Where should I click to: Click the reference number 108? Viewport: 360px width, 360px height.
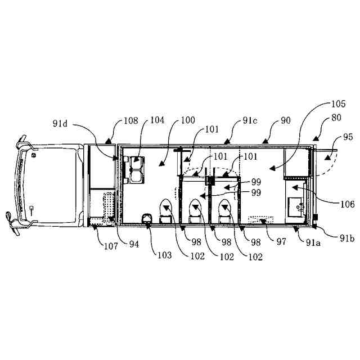(130, 121)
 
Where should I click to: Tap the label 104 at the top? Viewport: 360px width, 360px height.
(157, 121)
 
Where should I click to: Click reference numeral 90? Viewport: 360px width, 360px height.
(286, 121)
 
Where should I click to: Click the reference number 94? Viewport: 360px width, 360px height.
(133, 244)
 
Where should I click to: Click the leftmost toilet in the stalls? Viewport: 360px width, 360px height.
(166, 211)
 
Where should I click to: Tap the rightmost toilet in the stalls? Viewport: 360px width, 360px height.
(225, 211)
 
